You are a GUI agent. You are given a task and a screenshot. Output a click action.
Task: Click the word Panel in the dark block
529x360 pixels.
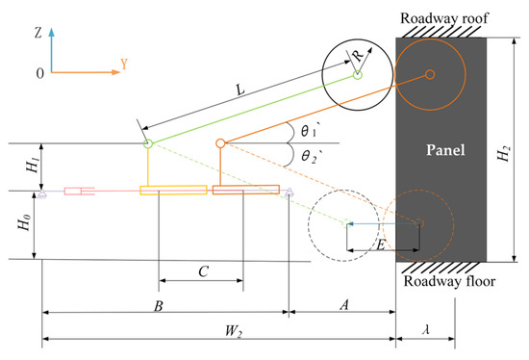pos(445,149)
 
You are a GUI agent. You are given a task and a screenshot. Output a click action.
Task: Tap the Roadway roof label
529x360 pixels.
pos(444,18)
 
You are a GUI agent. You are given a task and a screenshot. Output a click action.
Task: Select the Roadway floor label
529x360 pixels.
pos(449,281)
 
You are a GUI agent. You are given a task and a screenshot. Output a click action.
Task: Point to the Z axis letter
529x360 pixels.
pos(38,33)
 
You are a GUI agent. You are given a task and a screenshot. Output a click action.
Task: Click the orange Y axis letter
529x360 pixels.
pos(124,64)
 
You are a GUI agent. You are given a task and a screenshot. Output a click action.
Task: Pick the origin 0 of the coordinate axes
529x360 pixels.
pos(39,73)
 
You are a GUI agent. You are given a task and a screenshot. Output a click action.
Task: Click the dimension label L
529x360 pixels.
pos(239,90)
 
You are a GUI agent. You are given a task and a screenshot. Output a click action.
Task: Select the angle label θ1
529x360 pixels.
pos(309,131)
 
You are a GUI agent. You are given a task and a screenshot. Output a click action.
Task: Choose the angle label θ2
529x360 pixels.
pos(310,157)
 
